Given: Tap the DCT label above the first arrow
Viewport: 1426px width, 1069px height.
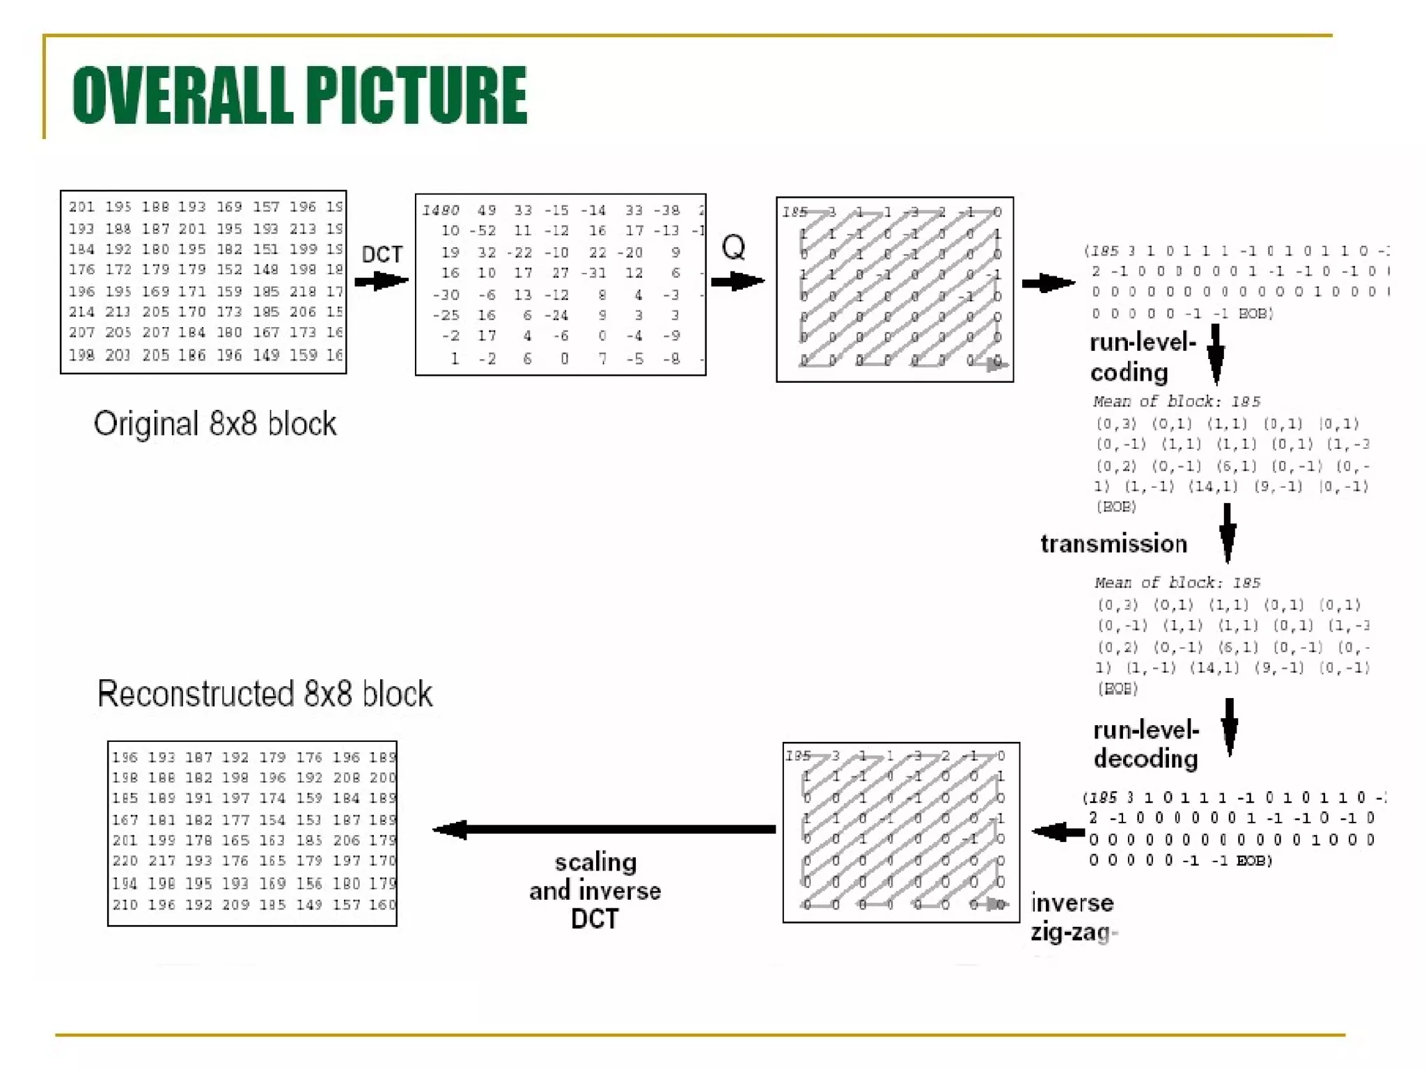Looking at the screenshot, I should (x=382, y=255).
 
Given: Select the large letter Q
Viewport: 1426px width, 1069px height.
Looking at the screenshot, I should (x=733, y=247).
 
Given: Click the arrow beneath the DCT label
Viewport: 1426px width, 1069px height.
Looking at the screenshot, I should (x=380, y=281).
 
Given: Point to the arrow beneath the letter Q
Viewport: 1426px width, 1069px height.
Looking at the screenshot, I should (x=737, y=281).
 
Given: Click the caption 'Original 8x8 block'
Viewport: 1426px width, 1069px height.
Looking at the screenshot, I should (x=215, y=424).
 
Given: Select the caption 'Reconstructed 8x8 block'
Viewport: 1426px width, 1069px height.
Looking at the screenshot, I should (x=265, y=694).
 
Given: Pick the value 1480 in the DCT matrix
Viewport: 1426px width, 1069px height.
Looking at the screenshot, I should (x=441, y=210).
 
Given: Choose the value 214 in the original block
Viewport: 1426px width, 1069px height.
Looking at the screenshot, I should (x=81, y=312).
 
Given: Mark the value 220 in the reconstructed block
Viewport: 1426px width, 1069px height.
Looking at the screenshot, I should (x=125, y=861).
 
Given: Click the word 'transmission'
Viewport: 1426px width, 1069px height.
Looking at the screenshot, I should (x=1113, y=544).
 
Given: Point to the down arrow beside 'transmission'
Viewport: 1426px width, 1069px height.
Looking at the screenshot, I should (x=1228, y=532).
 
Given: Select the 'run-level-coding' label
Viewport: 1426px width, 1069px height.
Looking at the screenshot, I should (x=1142, y=358).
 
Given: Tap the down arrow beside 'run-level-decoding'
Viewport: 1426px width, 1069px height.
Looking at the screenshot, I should (x=1230, y=727).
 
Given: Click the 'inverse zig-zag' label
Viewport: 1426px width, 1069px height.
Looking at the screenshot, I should (x=1073, y=917).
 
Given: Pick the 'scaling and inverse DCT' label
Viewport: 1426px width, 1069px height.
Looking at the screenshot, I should (x=595, y=890).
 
